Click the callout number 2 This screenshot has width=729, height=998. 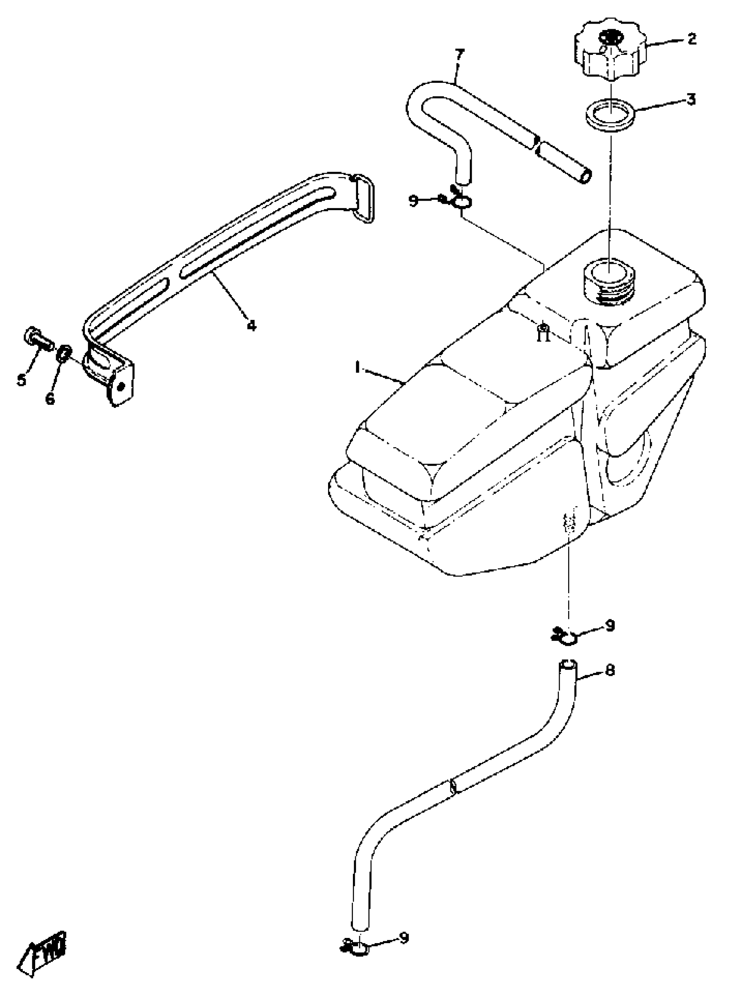tap(692, 39)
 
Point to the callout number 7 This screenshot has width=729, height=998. tap(459, 56)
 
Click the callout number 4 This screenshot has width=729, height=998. tap(251, 326)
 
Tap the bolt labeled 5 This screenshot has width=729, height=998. tap(37, 341)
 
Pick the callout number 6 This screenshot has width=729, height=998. tap(50, 398)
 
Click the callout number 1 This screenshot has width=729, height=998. tap(358, 368)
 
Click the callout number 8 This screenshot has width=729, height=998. tap(610, 670)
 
